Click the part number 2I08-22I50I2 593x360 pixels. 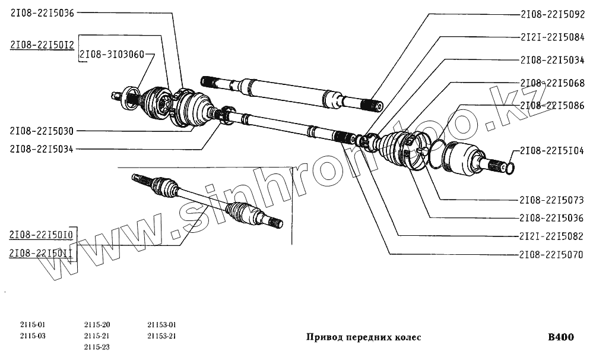[42, 45]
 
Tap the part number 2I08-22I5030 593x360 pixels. [42, 131]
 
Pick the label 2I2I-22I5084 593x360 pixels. [552, 37]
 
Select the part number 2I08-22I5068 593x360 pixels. [552, 83]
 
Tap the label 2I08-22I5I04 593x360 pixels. [552, 151]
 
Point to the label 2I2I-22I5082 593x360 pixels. [552, 236]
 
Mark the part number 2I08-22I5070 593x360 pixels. [552, 255]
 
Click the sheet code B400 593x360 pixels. [561, 337]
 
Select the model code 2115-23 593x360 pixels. [97, 347]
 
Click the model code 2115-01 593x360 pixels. [32, 325]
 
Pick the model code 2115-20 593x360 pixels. [97, 325]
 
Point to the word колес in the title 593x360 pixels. [408, 337]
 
